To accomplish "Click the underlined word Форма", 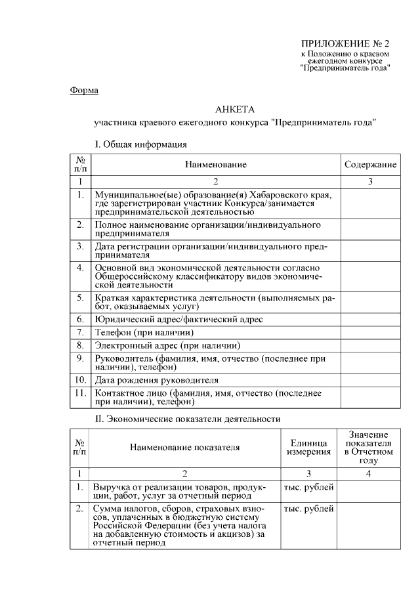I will (x=84, y=90).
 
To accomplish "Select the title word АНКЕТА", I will (x=234, y=109).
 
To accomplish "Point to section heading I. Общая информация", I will (x=141, y=143).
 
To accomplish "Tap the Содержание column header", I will (x=370, y=164).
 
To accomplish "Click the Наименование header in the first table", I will (x=215, y=164).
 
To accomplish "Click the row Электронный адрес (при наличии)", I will (x=167, y=345).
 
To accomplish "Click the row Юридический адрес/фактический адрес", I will (x=178, y=319).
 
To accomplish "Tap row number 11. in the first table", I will (x=80, y=393).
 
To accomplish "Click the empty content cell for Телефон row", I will (x=370, y=332).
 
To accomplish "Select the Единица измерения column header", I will (x=308, y=448).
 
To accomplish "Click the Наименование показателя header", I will (x=184, y=448).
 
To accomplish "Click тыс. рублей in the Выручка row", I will (x=308, y=488).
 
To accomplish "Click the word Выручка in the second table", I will (x=112, y=488).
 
